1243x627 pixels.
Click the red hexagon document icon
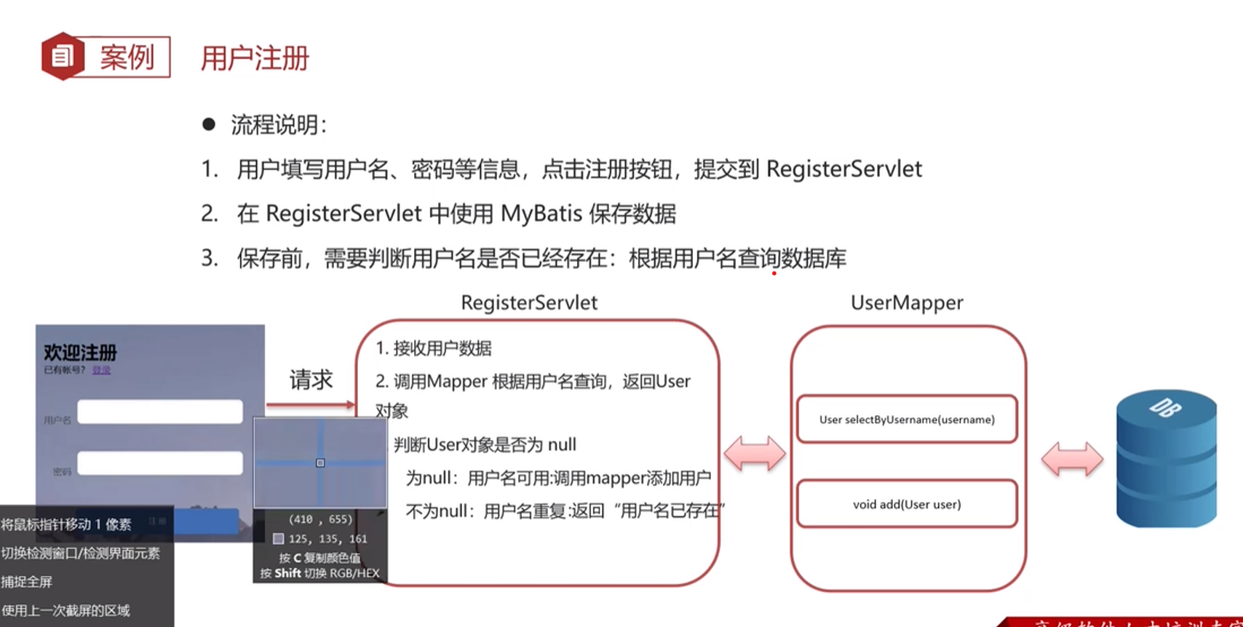pos(63,56)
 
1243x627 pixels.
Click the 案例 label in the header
pos(127,57)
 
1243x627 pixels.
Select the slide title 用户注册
pos(255,58)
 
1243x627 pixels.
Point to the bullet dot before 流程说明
pos(209,125)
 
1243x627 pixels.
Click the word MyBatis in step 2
pos(541,214)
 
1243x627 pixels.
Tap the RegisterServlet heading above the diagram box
pos(529,303)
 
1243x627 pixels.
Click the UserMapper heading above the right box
pos(907,303)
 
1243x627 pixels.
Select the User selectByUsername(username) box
pos(907,419)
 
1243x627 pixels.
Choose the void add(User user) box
pos(907,504)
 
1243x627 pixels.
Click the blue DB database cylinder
pos(1166,459)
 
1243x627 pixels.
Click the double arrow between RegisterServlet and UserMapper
pos(755,454)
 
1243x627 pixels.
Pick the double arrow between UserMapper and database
pos(1072,460)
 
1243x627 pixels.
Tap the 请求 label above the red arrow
pos(311,379)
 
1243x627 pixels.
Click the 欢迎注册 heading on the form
pos(80,353)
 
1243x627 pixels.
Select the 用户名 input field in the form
pos(160,412)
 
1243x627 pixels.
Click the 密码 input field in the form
pos(160,463)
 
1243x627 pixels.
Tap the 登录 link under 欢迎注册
pos(101,370)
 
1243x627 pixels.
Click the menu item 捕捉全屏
pos(27,582)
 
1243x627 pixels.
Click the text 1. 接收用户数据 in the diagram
pos(434,349)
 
